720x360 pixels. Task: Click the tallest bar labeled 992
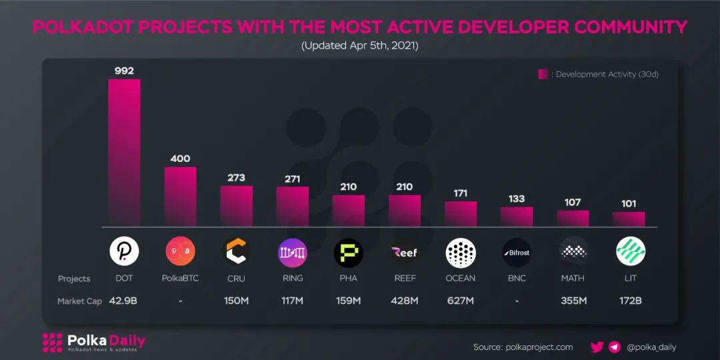[x=124, y=153]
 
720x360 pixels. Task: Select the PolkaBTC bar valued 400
[x=180, y=197]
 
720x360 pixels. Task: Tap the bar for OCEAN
[x=461, y=214]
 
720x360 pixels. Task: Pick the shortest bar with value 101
[x=629, y=219]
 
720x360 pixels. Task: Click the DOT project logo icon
[x=124, y=251]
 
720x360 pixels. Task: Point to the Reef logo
[x=405, y=252]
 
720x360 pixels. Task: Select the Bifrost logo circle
[x=517, y=252]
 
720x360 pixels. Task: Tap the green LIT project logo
[x=630, y=252]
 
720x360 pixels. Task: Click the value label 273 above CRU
[x=236, y=178]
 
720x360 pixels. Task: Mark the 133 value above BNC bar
[x=517, y=199]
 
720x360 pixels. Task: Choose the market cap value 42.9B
[x=123, y=301]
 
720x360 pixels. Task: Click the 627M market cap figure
[x=461, y=301]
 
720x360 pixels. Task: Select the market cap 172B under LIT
[x=629, y=301]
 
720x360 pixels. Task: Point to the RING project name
[x=292, y=279]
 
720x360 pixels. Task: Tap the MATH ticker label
[x=573, y=279]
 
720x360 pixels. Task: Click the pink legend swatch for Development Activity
[x=543, y=74]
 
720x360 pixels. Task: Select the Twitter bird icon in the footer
[x=597, y=347]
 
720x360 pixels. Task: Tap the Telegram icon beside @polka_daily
[x=615, y=347]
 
